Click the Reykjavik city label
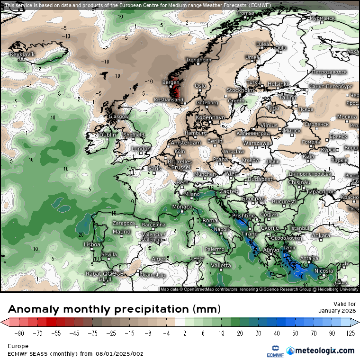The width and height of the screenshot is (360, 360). point(22,54)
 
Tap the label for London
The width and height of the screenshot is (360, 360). point(141,149)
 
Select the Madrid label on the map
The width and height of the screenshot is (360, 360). point(122,232)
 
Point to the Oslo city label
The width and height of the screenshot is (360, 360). point(200,86)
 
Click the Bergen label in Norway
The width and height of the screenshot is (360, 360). point(171,82)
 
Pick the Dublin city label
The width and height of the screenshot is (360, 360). point(108,135)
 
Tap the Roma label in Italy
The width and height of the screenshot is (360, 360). point(210,220)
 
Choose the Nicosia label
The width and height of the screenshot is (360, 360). point(324,271)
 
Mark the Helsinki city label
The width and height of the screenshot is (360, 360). point(278,84)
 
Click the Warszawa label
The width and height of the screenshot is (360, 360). point(256,143)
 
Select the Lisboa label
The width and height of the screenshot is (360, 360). point(92,244)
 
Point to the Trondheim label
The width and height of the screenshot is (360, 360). point(198,60)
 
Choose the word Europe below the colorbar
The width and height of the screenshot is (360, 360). point(18,346)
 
